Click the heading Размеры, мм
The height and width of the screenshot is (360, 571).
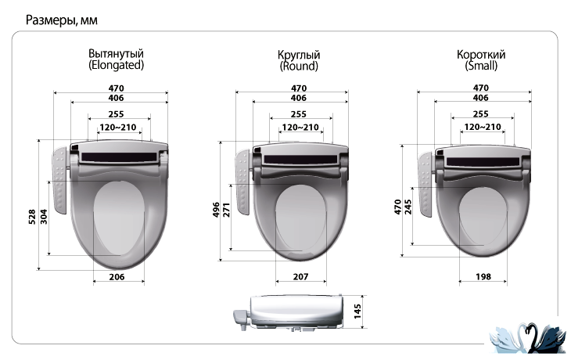[62, 20]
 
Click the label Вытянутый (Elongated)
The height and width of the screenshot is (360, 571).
[117, 59]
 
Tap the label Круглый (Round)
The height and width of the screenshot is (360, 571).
[299, 60]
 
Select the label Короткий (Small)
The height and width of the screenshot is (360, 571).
[481, 59]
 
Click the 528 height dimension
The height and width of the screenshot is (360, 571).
[32, 217]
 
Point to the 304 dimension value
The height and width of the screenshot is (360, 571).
[44, 217]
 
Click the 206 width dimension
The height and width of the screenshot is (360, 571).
[117, 277]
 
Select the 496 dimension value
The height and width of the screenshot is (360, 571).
[216, 210]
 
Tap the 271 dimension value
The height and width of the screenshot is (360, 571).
[227, 210]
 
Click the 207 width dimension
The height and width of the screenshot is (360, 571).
[301, 277]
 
